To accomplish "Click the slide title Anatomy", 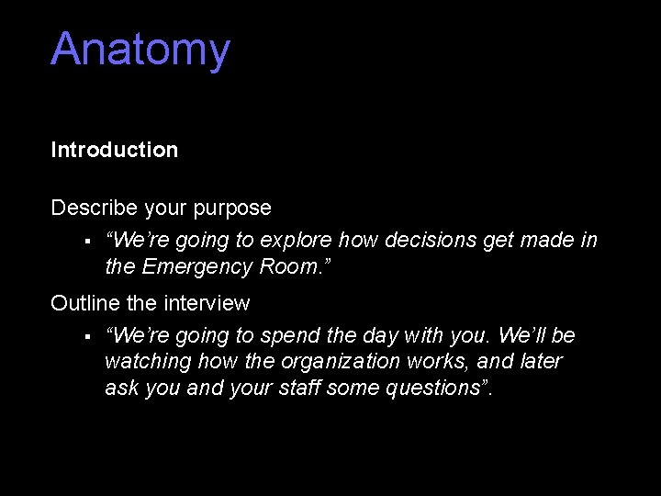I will coord(140,51).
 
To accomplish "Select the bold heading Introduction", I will coord(115,150).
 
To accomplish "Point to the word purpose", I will coord(232,209).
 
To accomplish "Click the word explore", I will coord(297,241).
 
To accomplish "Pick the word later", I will coord(540,362).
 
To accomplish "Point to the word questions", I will coord(438,389).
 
